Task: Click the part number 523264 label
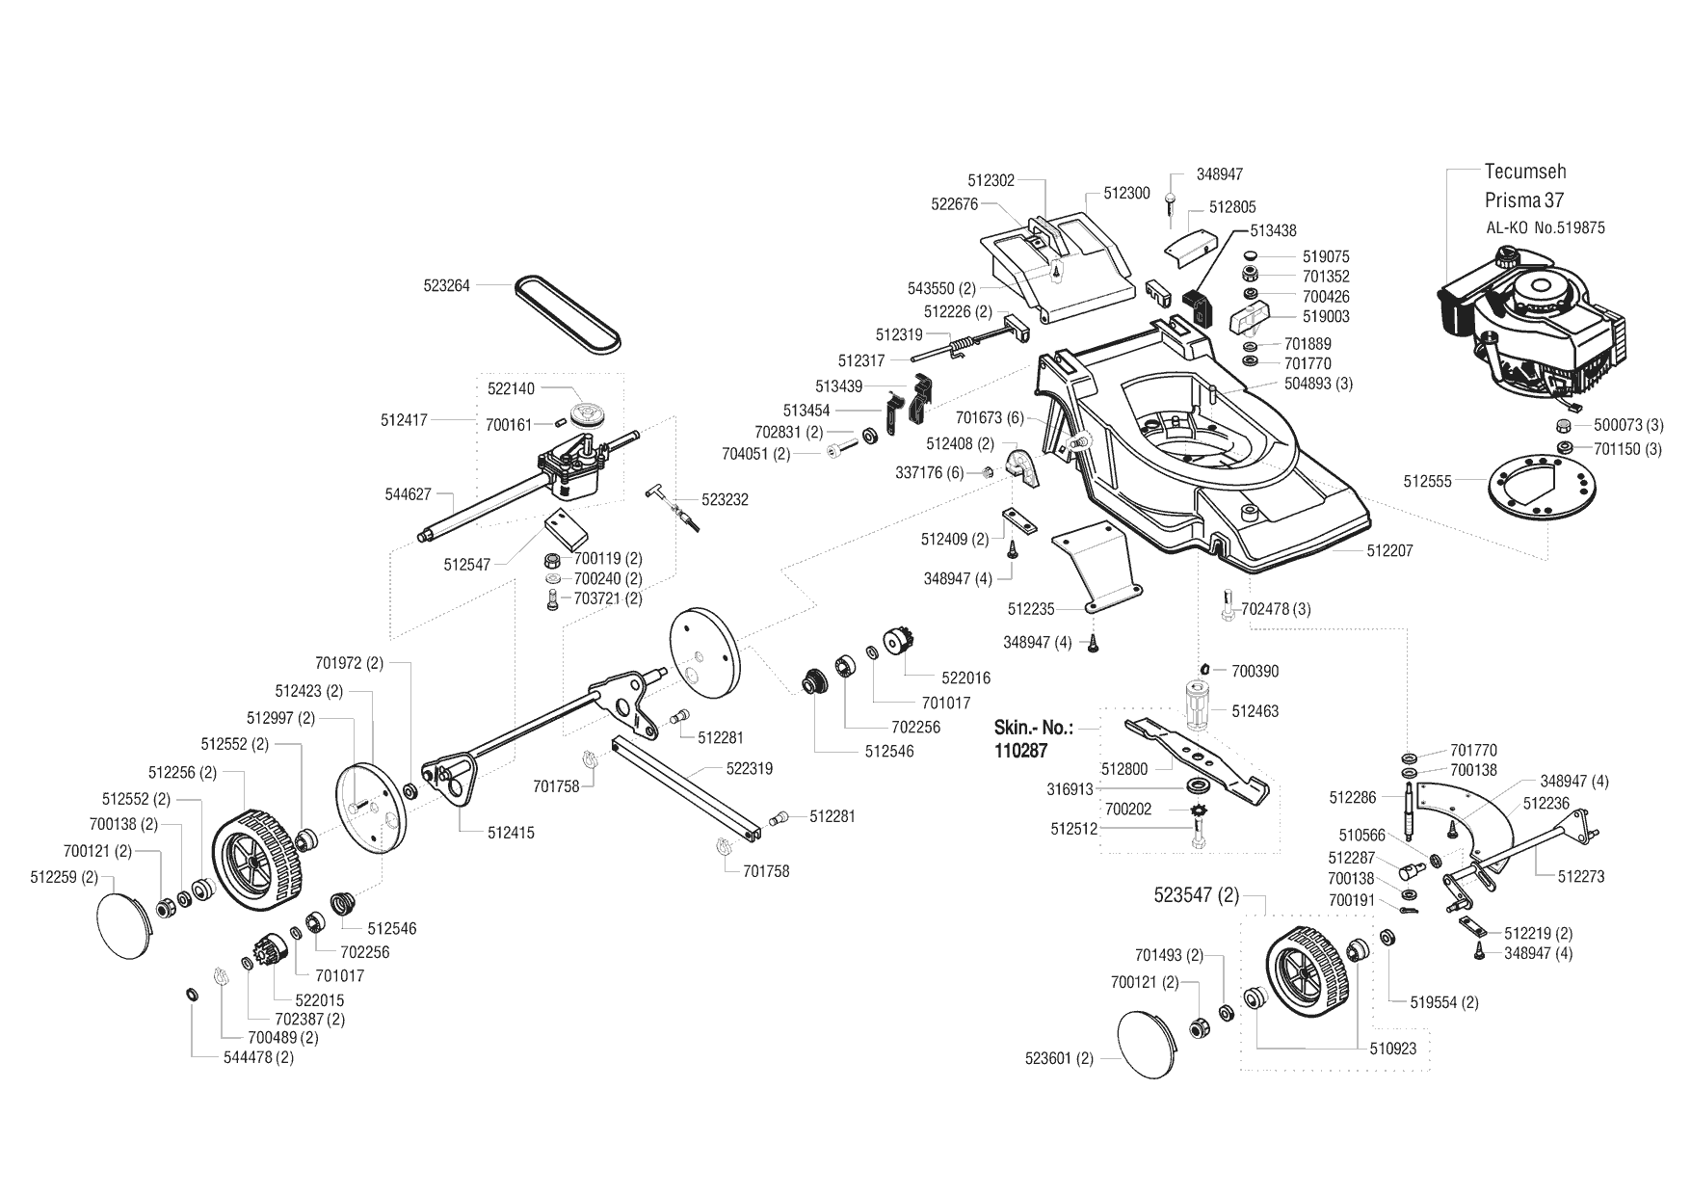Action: [x=447, y=286]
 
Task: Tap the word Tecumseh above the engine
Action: [x=1525, y=172]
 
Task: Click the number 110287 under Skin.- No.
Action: [x=1019, y=751]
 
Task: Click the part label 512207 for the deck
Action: [x=1390, y=550]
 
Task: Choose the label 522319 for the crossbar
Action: [x=750, y=769]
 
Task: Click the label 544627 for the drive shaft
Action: [x=408, y=494]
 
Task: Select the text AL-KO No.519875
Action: [x=1546, y=228]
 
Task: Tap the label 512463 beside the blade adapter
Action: [x=1255, y=711]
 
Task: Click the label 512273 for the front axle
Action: [x=1581, y=877]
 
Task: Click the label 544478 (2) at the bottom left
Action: [x=258, y=1057]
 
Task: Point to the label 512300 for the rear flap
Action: [x=1126, y=193]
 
